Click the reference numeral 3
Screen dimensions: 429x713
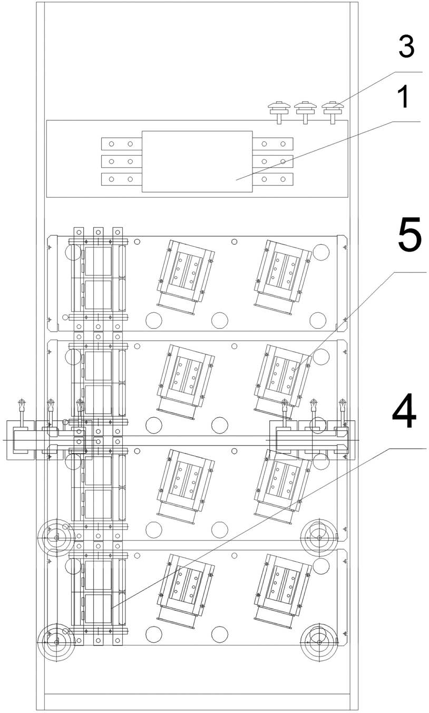406,47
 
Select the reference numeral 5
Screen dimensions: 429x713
409,233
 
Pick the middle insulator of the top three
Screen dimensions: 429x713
305,112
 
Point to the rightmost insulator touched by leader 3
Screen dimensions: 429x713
333,112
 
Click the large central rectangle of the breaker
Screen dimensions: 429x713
197,161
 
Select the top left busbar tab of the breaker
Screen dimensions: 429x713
122,144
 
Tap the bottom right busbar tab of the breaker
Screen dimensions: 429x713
273,179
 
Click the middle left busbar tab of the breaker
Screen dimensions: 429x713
122,161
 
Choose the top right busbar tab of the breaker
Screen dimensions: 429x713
273,144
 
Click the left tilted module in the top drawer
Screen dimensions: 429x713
186,277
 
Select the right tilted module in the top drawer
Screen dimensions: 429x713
283,277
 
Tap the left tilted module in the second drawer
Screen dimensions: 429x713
186,381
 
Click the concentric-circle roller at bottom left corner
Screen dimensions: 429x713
56,642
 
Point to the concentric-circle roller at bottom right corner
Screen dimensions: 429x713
319,642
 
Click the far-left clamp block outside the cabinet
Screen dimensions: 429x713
21,440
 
